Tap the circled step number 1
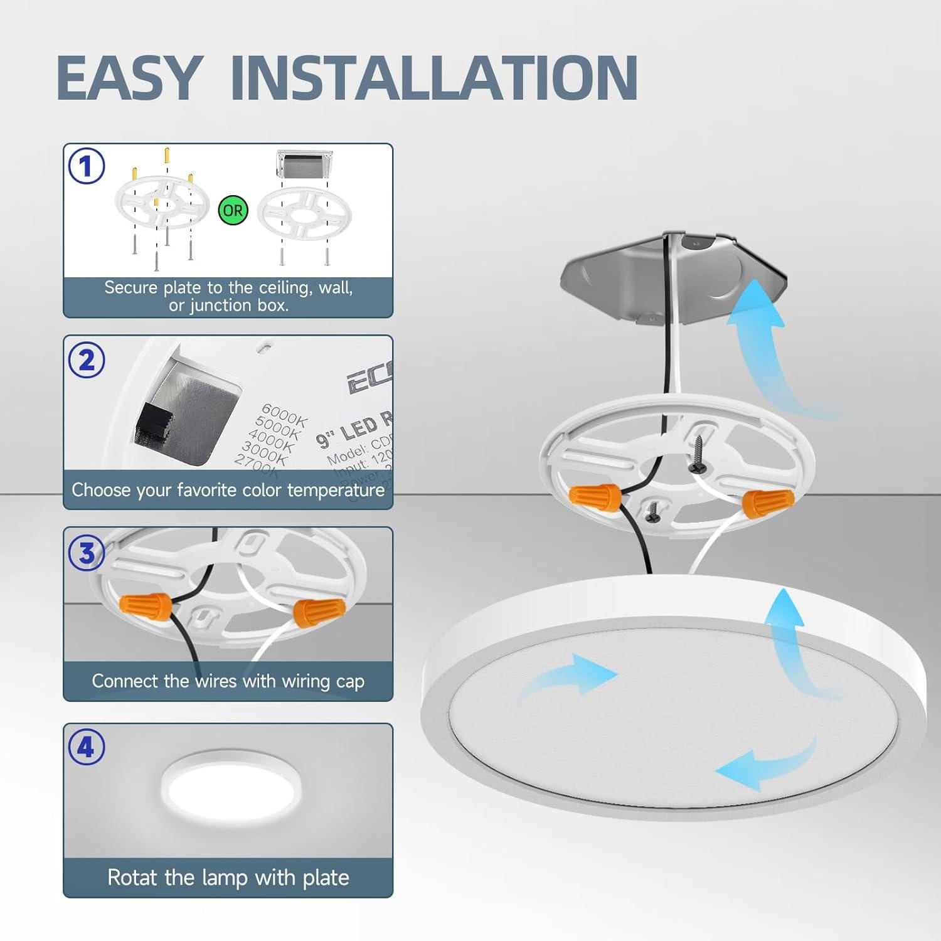click(87, 167)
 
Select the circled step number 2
click(87, 360)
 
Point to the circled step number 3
click(87, 553)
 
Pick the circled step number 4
click(87, 747)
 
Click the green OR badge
click(233, 210)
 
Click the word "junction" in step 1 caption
click(225, 306)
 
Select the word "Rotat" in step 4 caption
click(130, 877)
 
